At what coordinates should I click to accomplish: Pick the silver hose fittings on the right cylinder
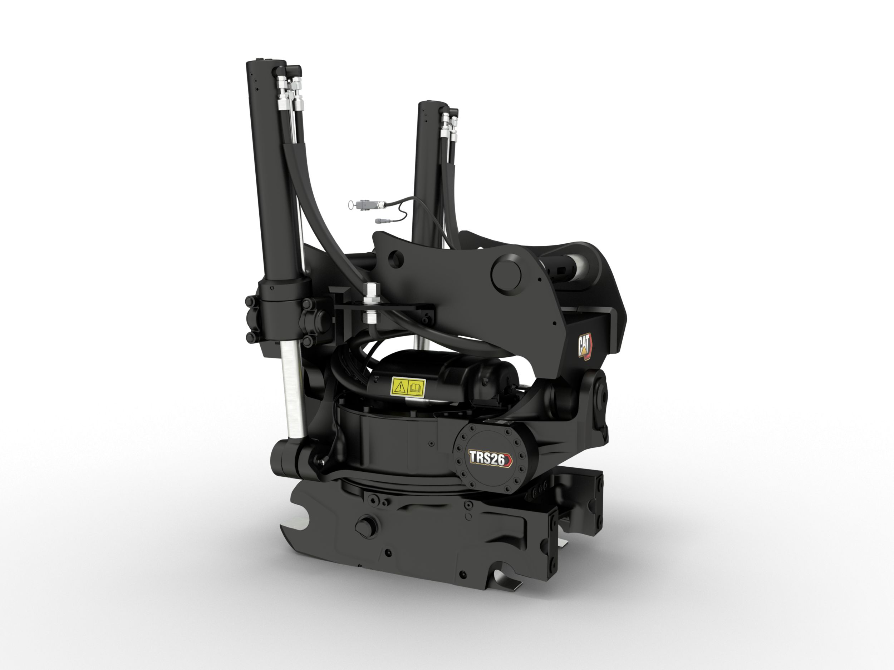(449, 125)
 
